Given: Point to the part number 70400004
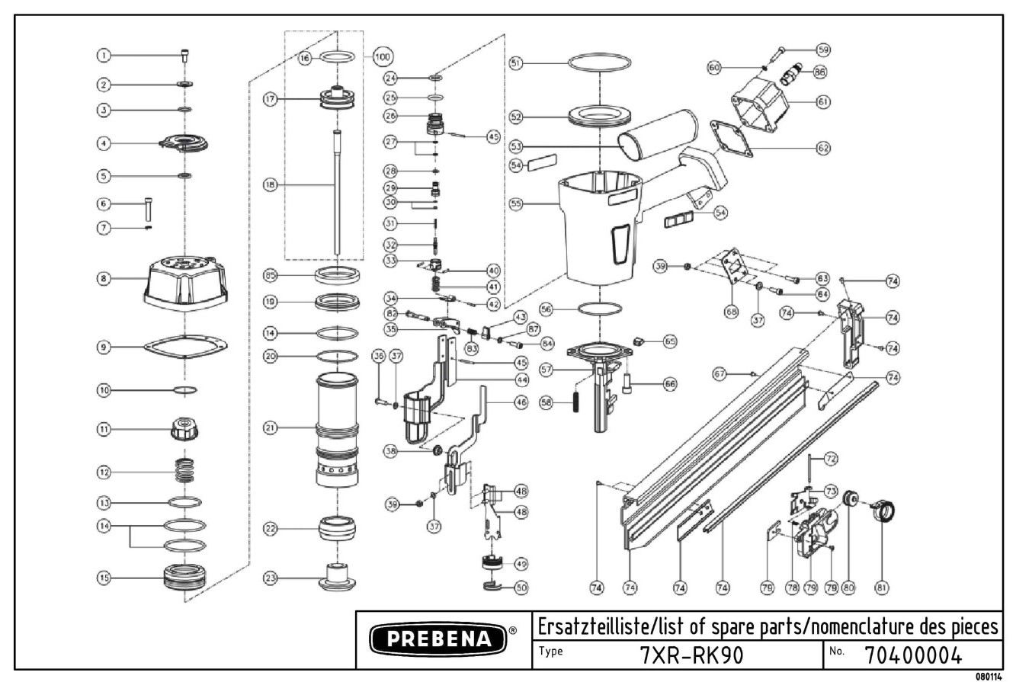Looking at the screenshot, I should [913, 655].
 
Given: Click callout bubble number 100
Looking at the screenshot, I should [382, 57].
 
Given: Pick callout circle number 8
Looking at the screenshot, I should [104, 279].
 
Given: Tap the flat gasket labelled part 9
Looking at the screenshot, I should [185, 347].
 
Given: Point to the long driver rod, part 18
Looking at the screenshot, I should [336, 194].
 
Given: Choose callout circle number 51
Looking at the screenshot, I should [516, 63].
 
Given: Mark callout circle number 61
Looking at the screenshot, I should [823, 101].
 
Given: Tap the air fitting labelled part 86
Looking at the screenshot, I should [790, 76].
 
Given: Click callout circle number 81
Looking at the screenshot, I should [882, 588].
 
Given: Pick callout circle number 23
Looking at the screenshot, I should [271, 578].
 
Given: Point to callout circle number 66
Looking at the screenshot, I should [669, 384].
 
